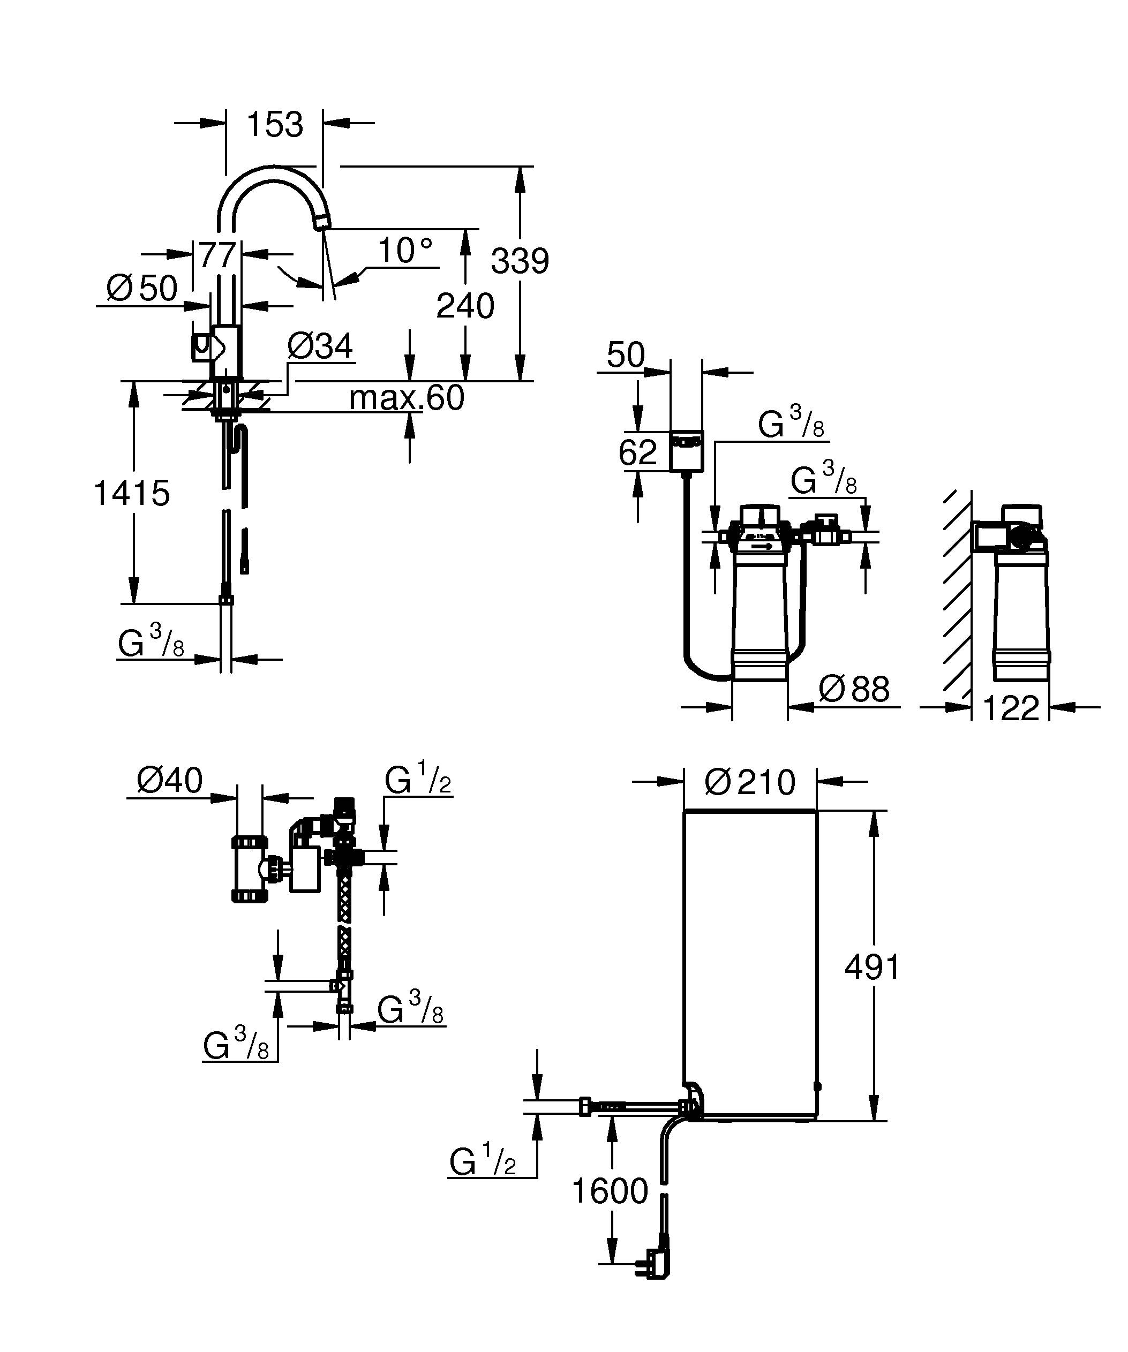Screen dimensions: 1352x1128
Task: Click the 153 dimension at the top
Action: tap(275, 125)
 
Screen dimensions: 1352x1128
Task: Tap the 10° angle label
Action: tap(404, 250)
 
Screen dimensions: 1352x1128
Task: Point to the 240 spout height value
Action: tap(465, 306)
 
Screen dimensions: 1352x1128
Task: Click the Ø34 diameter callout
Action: tap(320, 346)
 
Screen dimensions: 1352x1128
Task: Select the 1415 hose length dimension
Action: tap(132, 493)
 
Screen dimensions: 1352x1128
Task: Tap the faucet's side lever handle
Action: tap(203, 347)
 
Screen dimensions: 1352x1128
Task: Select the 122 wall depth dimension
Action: tap(1010, 708)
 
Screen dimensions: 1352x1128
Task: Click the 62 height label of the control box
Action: tap(637, 452)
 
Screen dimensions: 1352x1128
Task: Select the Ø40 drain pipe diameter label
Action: tap(169, 781)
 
